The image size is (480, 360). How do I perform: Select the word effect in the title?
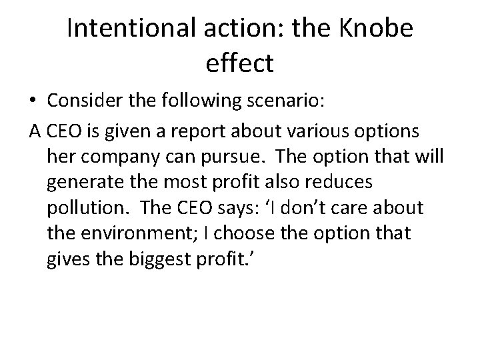click(240, 65)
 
